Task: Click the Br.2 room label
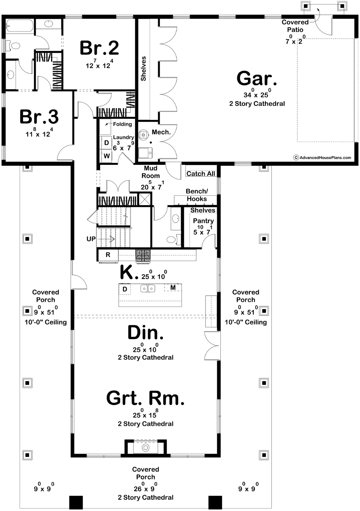[99, 48]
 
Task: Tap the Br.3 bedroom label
[39, 117]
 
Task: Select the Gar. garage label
[257, 78]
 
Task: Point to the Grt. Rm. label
[145, 398]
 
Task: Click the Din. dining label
[146, 332]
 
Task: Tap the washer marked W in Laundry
[107, 156]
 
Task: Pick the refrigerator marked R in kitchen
[108, 255]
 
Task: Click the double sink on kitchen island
[148, 289]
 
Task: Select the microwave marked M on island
[173, 288]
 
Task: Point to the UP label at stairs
[91, 239]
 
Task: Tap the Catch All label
[201, 174]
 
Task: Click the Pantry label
[203, 221]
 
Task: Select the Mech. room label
[161, 132]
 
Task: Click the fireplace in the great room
[146, 447]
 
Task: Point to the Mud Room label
[150, 172]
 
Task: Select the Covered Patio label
[295, 26]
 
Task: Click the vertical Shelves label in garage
[143, 69]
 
